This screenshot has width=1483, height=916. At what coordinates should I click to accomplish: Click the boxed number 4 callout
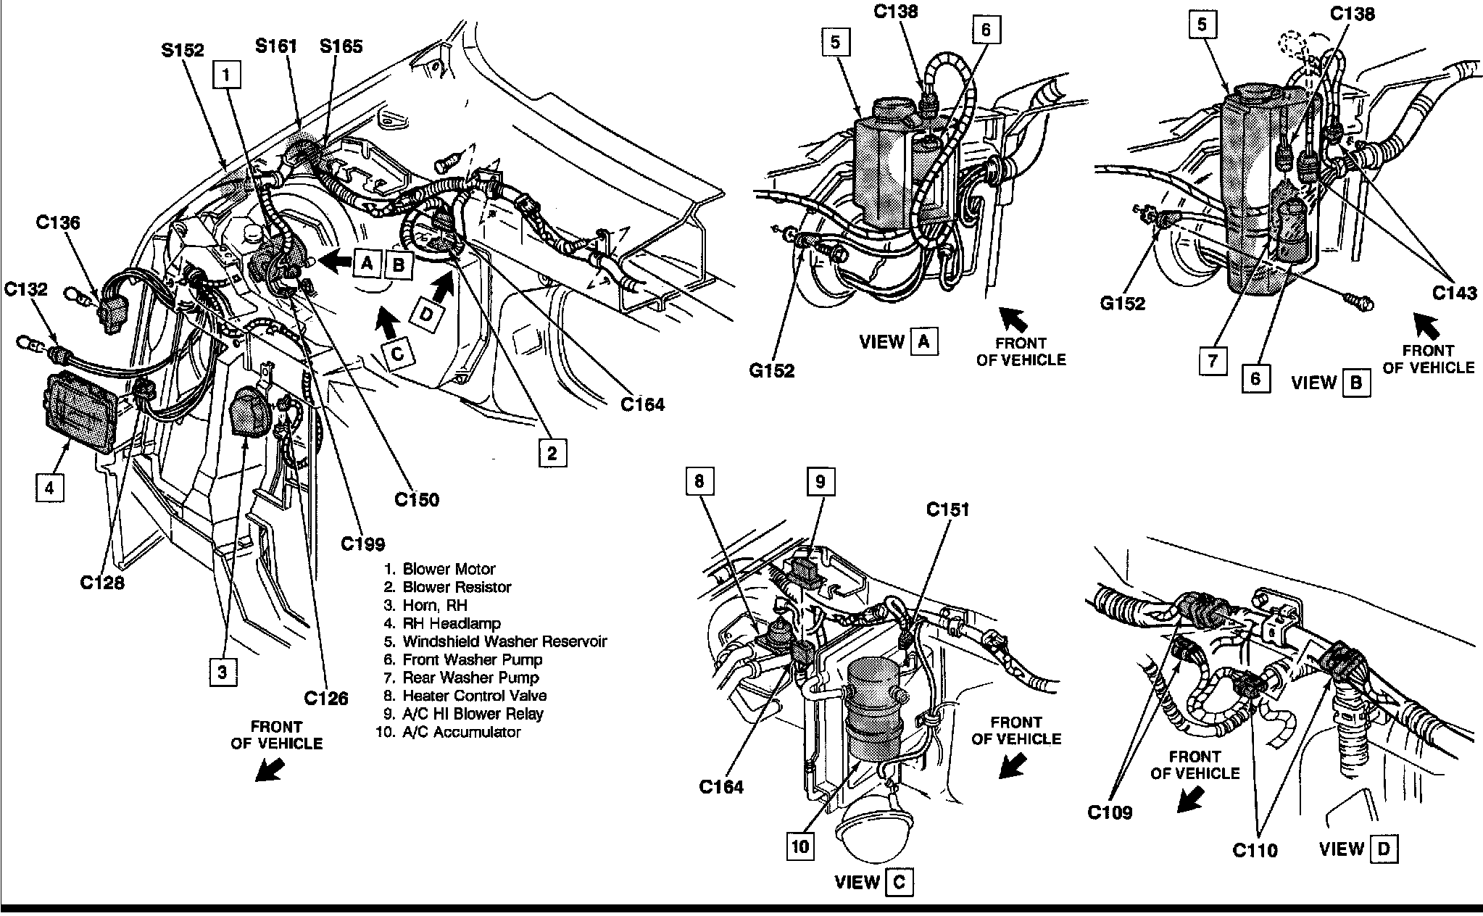[49, 488]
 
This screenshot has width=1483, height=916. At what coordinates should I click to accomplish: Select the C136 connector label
[59, 223]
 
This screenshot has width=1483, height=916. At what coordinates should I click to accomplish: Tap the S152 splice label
[182, 51]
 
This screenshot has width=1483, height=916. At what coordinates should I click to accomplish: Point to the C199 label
[363, 544]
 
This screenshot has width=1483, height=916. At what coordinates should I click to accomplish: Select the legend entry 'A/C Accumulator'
[461, 732]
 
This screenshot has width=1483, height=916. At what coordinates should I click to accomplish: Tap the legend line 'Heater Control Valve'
[474, 696]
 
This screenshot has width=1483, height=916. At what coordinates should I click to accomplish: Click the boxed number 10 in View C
[801, 846]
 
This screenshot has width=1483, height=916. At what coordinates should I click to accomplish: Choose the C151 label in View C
[948, 510]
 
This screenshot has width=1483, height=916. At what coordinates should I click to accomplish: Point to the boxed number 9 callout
[821, 482]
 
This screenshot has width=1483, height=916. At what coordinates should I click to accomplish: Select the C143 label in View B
[1454, 293]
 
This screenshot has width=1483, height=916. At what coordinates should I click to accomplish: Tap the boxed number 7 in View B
[1213, 361]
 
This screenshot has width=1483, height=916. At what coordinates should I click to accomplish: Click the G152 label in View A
[771, 370]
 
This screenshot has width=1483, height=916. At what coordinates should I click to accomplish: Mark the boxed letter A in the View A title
[923, 341]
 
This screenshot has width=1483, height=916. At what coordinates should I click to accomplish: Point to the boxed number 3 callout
[223, 672]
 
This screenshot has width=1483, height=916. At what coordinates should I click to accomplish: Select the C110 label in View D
[1255, 849]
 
